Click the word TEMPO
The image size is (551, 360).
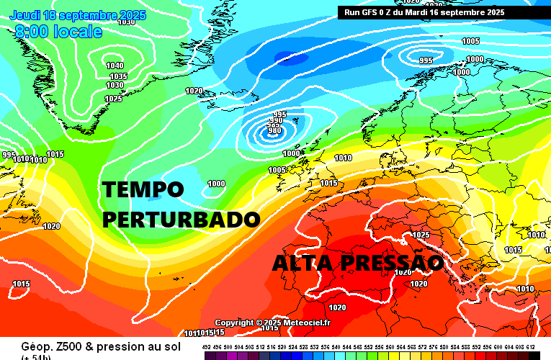click(x=143, y=190)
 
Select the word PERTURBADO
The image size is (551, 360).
click(x=182, y=219)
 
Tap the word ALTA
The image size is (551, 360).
click(x=302, y=264)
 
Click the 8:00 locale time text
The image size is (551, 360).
click(x=58, y=32)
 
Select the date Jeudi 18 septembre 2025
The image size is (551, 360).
click(x=78, y=15)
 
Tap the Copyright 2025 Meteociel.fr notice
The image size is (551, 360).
click(x=272, y=323)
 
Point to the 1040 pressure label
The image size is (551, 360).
click(x=115, y=66)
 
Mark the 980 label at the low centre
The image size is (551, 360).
click(x=274, y=130)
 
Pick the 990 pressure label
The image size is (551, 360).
click(x=274, y=120)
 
